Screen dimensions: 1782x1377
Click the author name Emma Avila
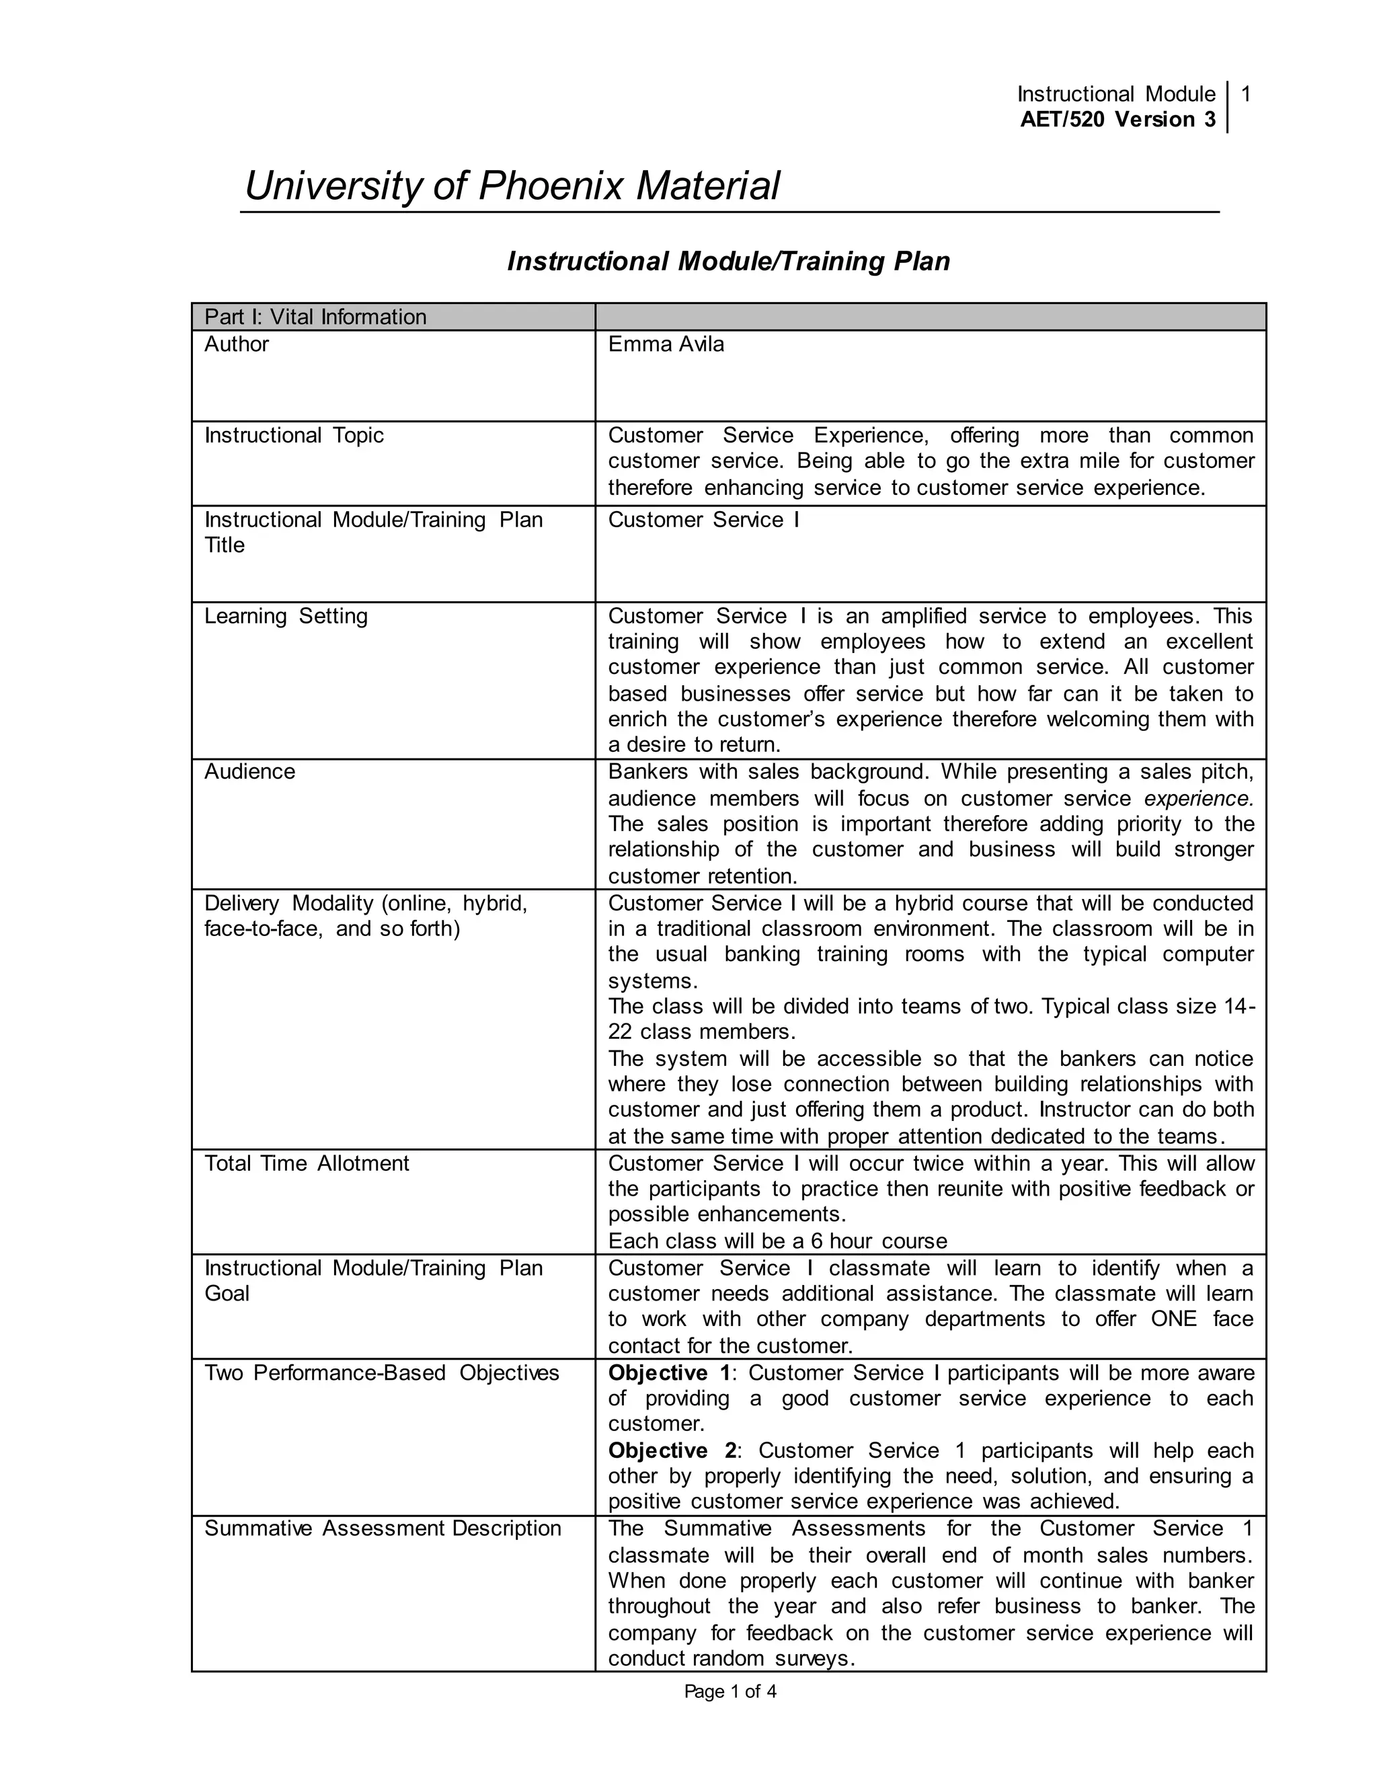(666, 344)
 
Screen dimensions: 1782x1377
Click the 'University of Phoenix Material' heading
(512, 186)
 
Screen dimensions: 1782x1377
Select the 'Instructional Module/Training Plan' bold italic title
(727, 261)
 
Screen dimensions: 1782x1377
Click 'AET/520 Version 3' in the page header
(1117, 120)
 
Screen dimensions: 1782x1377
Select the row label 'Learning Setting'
(286, 616)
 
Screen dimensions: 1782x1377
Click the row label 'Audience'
(249, 772)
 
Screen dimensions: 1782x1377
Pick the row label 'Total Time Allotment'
(307, 1163)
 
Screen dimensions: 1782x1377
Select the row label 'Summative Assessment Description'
(383, 1528)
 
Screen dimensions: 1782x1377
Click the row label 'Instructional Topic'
(294, 436)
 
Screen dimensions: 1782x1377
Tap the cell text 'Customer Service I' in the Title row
(703, 520)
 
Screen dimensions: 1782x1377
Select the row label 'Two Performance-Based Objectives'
(381, 1372)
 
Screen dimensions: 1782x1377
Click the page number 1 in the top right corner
(1246, 95)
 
